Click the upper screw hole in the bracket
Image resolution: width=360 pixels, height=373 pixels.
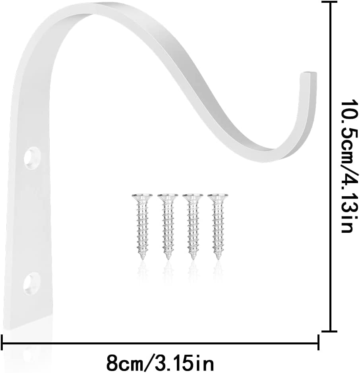tap(32, 158)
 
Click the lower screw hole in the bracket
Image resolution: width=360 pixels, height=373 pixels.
tap(31, 283)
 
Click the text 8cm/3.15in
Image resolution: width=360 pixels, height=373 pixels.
tap(160, 362)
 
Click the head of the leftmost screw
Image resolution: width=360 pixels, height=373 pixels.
tap(142, 196)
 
